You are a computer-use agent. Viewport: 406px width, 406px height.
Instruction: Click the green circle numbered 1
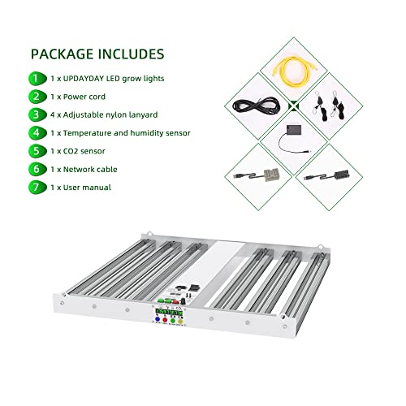tap(35, 79)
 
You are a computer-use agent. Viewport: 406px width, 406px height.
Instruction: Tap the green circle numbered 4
tap(35, 132)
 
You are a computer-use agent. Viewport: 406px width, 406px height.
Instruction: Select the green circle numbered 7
tap(35, 187)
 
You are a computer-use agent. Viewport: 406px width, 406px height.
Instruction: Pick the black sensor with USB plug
tap(337, 176)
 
